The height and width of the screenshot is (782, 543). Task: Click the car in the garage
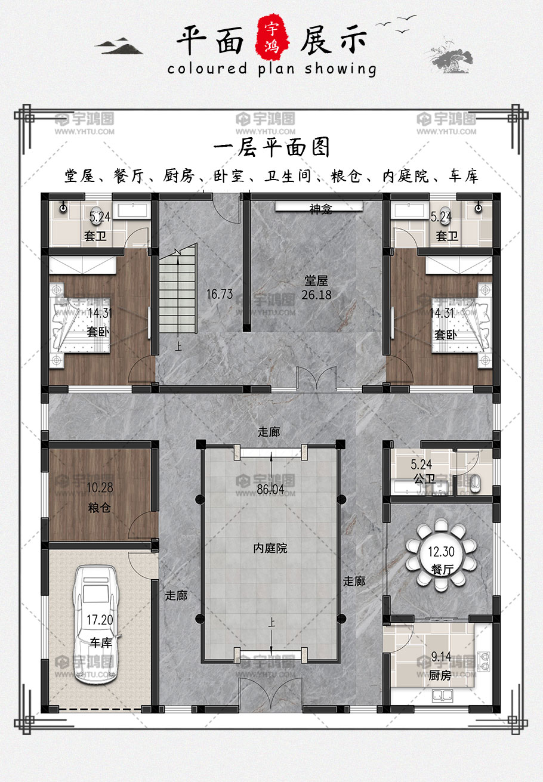click(95, 625)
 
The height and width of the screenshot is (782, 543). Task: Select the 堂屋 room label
click(316, 280)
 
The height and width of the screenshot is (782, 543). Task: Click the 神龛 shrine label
click(320, 209)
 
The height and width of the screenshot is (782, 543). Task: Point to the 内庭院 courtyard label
click(270, 548)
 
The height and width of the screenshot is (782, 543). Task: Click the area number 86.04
click(270, 490)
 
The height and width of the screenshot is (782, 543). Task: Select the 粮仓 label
click(99, 508)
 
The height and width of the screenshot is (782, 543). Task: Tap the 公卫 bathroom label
click(425, 478)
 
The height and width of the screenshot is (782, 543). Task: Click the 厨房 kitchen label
click(440, 675)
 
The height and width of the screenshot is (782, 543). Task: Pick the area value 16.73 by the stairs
click(220, 294)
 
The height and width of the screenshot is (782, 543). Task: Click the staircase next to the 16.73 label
click(178, 289)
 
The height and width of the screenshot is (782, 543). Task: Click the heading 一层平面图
click(271, 147)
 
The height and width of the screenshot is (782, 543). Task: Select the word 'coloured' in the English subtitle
click(207, 68)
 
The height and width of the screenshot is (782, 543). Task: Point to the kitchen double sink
click(443, 695)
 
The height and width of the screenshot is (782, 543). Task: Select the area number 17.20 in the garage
click(100, 620)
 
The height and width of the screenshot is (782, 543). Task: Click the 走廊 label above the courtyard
click(269, 432)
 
